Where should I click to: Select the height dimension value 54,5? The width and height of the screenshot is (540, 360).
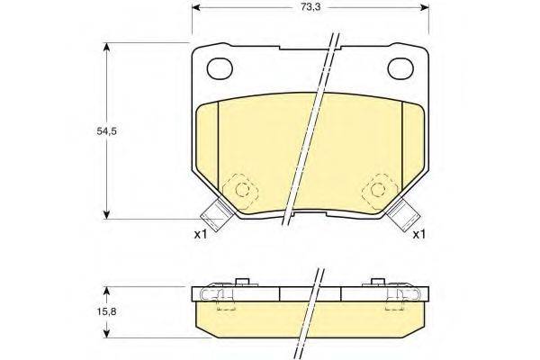83,130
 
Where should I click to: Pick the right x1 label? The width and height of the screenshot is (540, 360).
419,235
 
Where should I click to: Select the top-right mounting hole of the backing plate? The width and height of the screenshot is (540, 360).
400,67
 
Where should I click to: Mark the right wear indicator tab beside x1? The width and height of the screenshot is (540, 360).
405,217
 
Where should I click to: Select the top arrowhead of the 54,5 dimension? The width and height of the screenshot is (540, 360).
109,49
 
